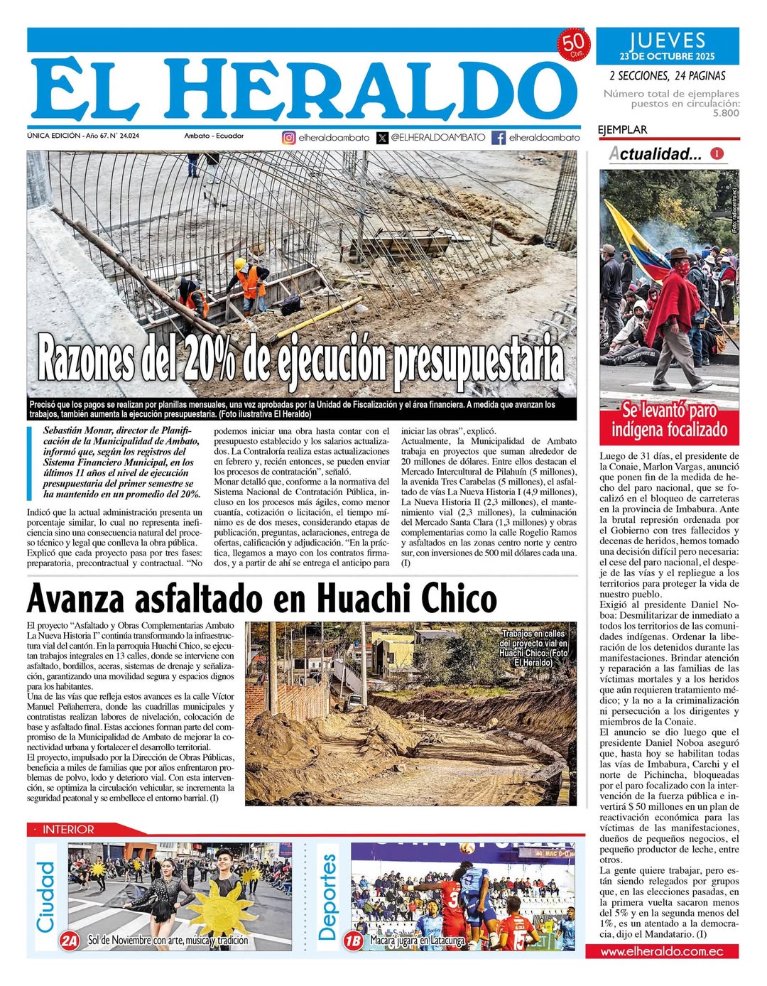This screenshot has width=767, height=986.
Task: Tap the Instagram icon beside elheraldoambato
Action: (289, 138)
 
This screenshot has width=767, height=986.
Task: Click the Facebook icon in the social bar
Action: (499, 138)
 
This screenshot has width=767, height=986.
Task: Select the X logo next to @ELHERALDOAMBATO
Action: (383, 138)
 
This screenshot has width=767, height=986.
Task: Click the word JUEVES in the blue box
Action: (667, 40)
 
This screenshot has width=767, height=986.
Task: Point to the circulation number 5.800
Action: (726, 113)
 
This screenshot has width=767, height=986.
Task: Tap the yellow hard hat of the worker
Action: (240, 264)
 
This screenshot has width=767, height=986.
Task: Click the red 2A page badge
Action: (70, 941)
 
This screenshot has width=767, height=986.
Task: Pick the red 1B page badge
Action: (353, 941)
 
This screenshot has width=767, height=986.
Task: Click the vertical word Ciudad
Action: (45, 896)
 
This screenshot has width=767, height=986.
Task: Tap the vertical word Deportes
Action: (327, 896)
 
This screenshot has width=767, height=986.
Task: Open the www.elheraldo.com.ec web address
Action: (662, 951)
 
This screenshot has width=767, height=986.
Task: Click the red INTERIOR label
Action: (68, 829)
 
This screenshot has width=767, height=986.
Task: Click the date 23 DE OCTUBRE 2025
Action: (667, 57)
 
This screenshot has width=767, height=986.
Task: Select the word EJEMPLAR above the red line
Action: (622, 130)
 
